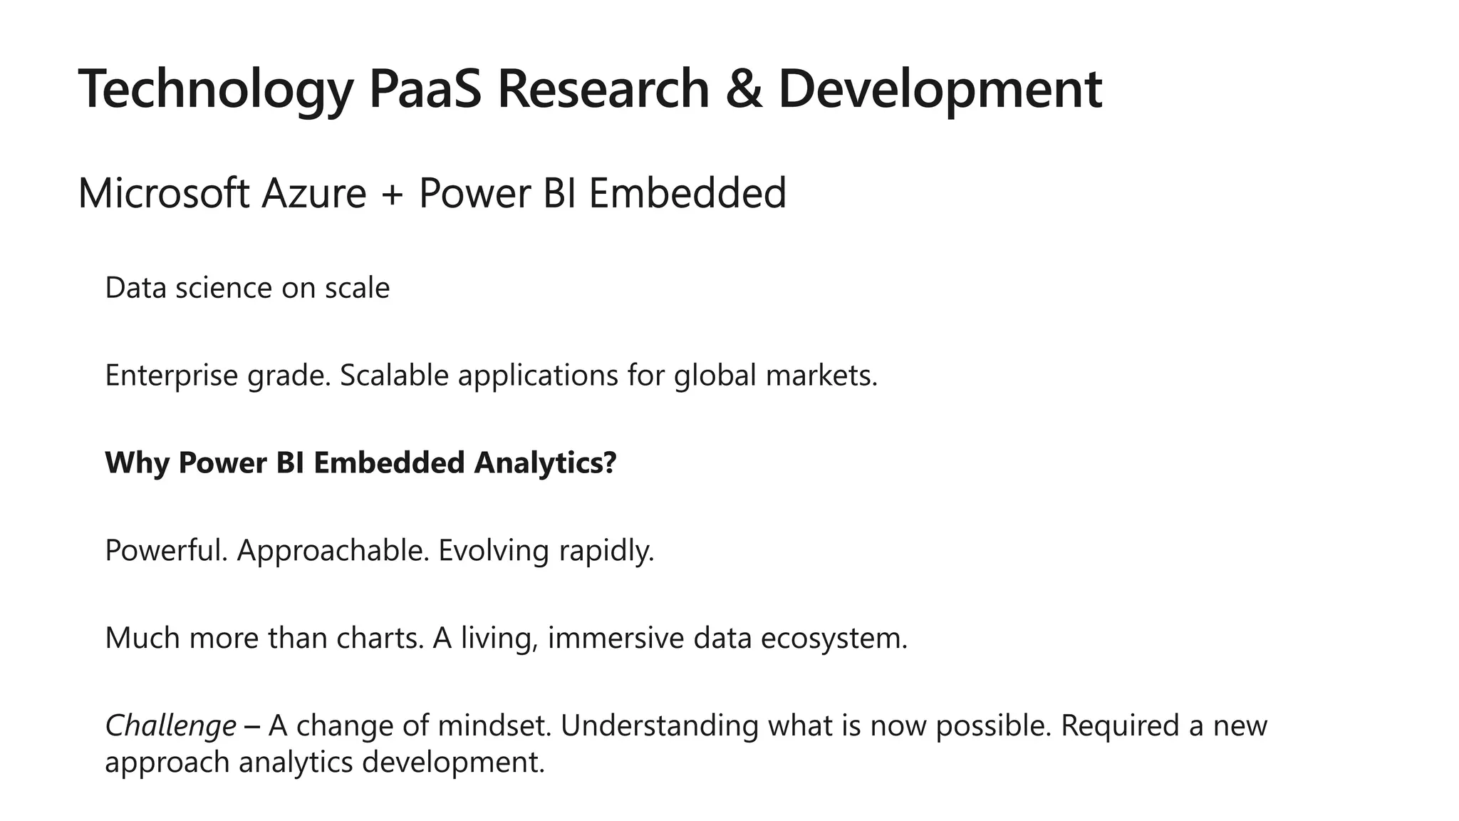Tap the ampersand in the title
(x=743, y=88)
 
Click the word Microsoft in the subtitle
(x=163, y=193)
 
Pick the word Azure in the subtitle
(x=313, y=193)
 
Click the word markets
(x=821, y=376)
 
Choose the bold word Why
(x=137, y=463)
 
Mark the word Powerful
(x=166, y=550)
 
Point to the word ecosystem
(x=834, y=638)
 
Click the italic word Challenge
(x=170, y=726)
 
